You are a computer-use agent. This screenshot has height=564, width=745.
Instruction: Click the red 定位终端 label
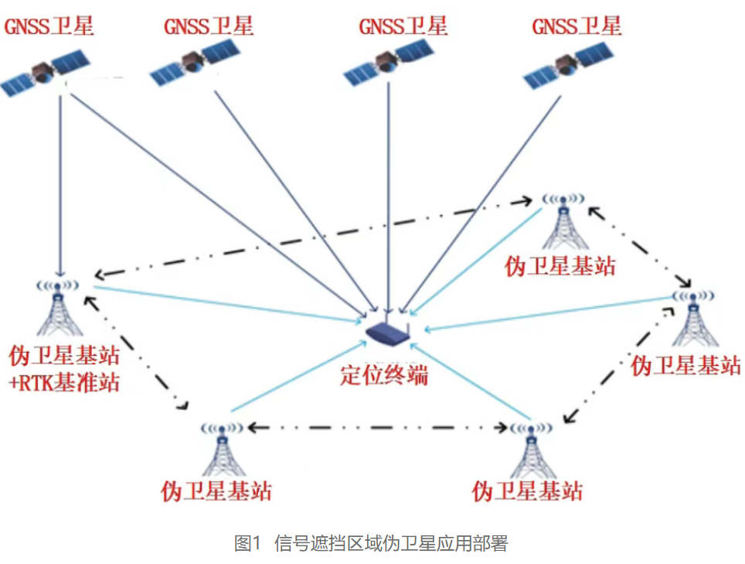(384, 374)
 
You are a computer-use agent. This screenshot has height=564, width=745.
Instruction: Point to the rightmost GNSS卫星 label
(577, 26)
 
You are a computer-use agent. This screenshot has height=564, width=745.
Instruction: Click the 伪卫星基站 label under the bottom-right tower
(527, 491)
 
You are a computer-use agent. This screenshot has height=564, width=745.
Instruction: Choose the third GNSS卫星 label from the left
(403, 26)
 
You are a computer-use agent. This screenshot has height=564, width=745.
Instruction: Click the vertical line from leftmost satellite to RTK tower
(60, 178)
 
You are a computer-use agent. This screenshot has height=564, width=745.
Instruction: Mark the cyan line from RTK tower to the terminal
(224, 303)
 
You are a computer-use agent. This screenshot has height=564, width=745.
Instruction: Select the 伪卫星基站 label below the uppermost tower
(560, 267)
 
